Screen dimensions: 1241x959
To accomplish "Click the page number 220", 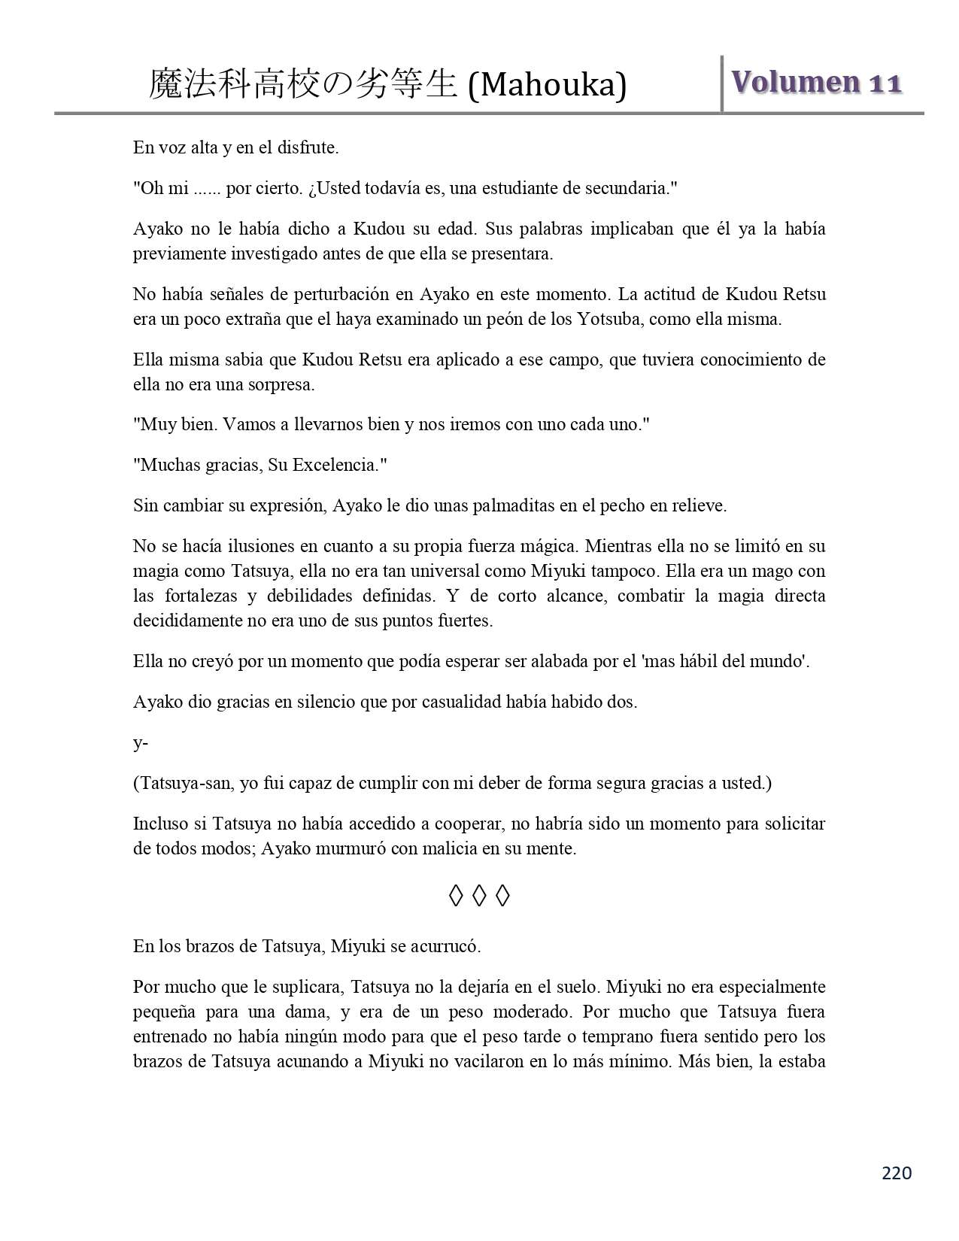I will (x=897, y=1173).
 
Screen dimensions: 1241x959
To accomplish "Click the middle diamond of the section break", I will (x=479, y=896).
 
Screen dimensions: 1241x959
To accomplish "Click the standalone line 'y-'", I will (x=141, y=743).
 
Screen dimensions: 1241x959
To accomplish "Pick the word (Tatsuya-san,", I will (x=184, y=783).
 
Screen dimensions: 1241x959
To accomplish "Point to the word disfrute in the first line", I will (x=310, y=147).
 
